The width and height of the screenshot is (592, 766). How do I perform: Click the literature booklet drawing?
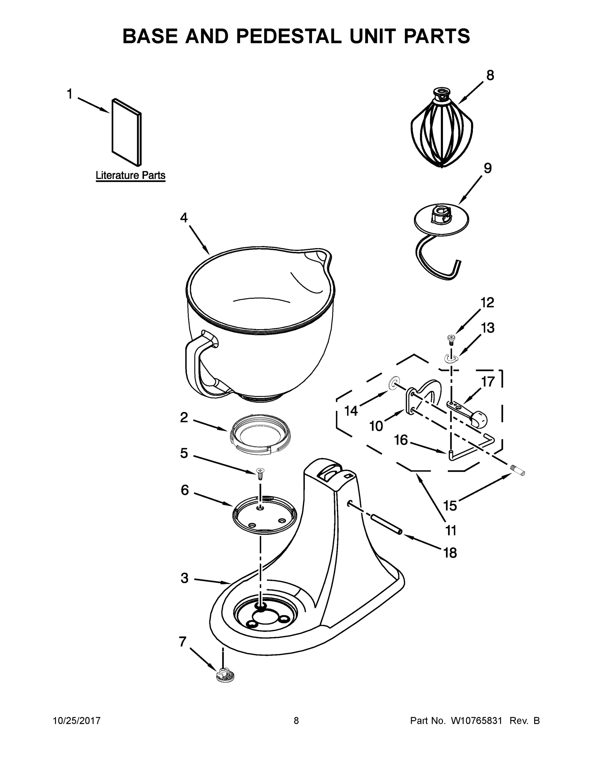126,132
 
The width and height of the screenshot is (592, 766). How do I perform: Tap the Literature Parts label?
131,175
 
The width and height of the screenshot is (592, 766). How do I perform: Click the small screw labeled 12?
451,339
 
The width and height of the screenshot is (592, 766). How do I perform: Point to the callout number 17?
488,382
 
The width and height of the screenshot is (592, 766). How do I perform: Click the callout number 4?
184,218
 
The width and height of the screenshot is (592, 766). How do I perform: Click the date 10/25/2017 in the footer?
77,721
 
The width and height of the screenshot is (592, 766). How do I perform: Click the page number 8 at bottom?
296,721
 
